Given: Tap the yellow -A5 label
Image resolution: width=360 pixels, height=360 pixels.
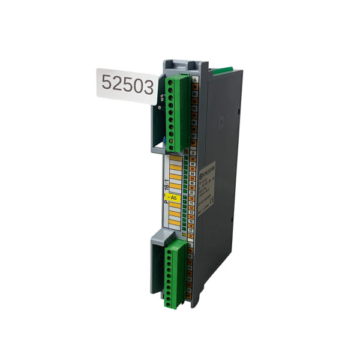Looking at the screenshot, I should [173, 197].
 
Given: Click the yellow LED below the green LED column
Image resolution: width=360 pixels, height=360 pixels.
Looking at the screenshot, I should [184, 236].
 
